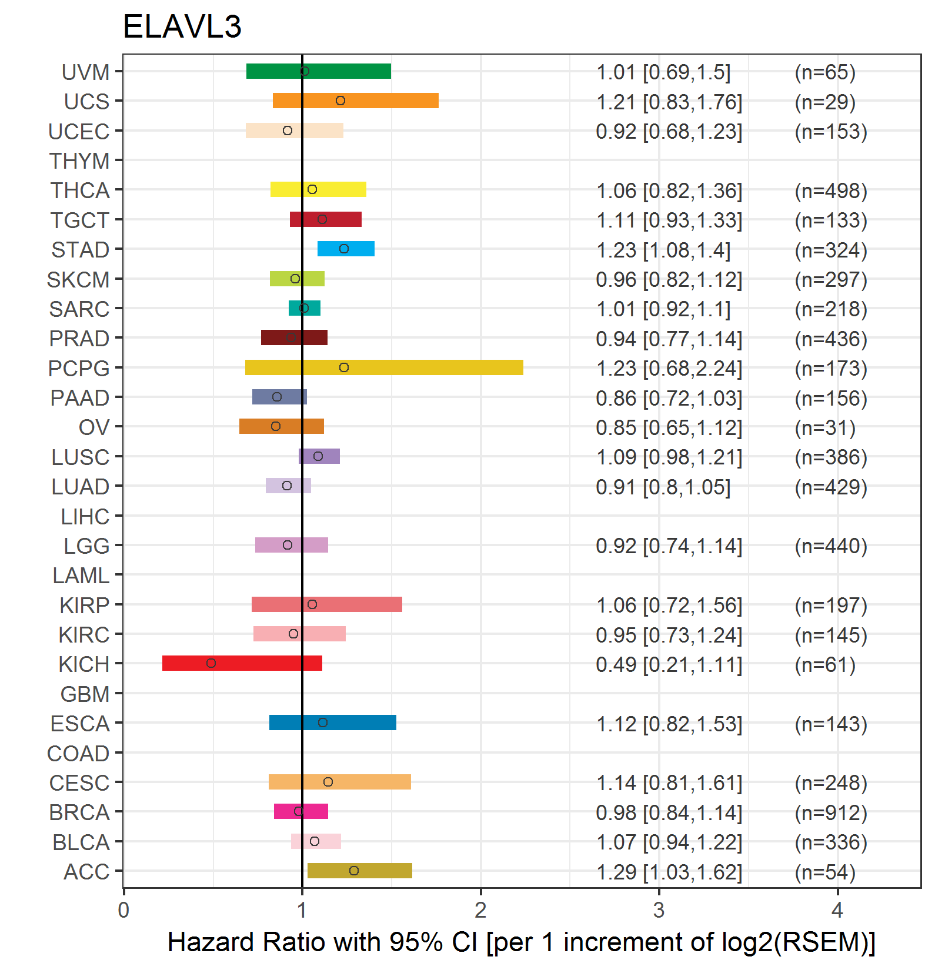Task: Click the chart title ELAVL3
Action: (182, 26)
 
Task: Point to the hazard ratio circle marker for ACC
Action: (353, 871)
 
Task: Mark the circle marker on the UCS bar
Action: (340, 101)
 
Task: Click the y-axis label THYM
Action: (79, 160)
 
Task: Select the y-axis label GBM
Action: (85, 694)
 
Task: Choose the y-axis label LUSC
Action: (81, 457)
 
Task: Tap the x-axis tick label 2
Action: (480, 911)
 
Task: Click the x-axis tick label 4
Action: (837, 911)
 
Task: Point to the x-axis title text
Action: (521, 942)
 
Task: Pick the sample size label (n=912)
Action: (831, 812)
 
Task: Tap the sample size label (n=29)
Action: (824, 102)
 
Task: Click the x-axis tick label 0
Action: (123, 911)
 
